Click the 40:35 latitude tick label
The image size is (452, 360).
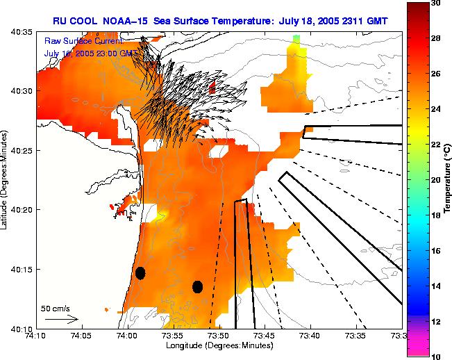tap(19, 32)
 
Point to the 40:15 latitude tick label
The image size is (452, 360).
tap(19, 269)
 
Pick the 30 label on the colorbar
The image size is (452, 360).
tap(437, 3)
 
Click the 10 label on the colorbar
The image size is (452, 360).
tap(437, 356)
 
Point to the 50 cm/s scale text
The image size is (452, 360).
tap(56, 308)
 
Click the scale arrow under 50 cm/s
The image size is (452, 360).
tap(62, 319)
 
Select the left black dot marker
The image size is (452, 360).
tap(140, 273)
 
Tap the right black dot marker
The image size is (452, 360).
tap(197, 286)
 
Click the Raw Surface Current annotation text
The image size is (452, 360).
tap(83, 41)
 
